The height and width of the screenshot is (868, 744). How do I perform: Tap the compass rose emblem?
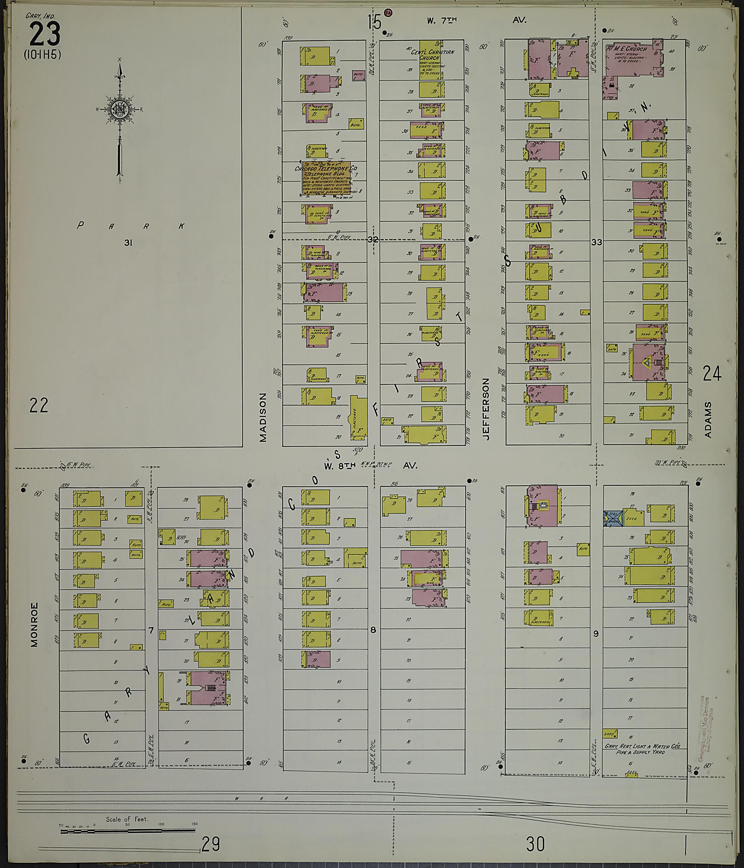(x=119, y=109)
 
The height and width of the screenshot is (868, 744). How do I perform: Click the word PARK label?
(x=130, y=226)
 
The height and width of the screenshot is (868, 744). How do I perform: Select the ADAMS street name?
(x=708, y=420)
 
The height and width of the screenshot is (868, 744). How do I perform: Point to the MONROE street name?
(x=35, y=624)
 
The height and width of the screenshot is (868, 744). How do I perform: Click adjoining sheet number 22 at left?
(x=39, y=406)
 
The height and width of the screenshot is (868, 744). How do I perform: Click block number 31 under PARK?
(x=128, y=242)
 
